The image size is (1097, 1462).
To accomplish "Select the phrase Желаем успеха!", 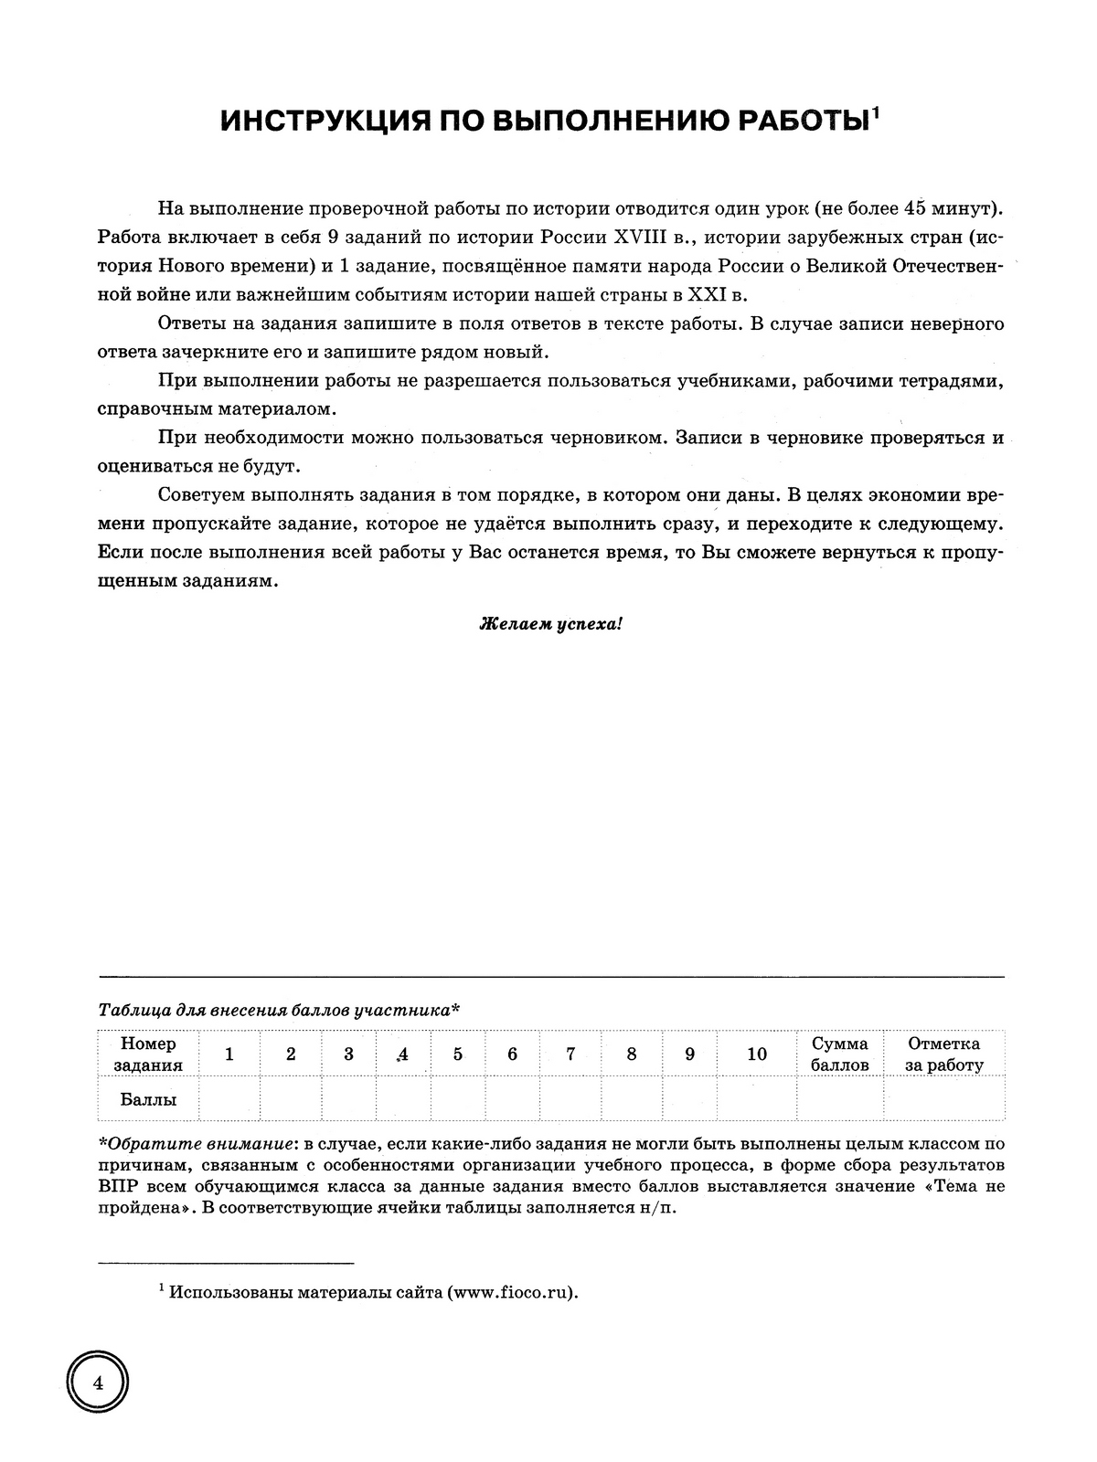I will point(551,625).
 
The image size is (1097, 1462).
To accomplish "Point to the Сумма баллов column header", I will point(840,1054).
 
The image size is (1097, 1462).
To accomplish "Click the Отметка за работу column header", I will point(943,1054).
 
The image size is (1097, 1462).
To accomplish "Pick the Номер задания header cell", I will point(147,1054).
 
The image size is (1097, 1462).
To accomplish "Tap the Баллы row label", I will point(147,1099).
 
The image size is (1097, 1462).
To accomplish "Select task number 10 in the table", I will point(757,1054).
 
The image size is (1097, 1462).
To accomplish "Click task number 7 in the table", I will point(570,1054).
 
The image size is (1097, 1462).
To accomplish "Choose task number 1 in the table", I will point(229,1054).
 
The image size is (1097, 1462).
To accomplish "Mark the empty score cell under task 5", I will point(458,1098).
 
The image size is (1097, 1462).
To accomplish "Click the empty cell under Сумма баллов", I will point(840,1098).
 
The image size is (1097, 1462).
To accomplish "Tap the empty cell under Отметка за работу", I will point(943,1098).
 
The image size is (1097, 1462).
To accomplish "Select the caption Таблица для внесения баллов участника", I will point(278,1011).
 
